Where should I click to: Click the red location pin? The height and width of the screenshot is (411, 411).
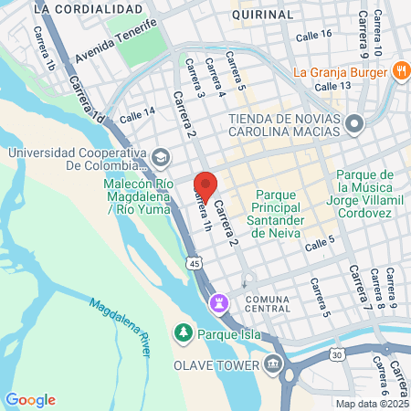(x=205, y=186)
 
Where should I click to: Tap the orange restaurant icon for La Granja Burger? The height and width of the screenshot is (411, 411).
(x=401, y=70)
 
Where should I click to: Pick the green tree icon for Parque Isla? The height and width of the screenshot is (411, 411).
(x=183, y=332)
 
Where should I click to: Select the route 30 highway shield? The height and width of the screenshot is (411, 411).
(x=338, y=354)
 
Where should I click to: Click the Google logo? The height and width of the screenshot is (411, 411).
(x=30, y=399)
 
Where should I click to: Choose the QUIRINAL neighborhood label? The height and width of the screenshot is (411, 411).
(x=263, y=16)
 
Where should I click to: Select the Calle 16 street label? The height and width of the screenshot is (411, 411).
(x=314, y=33)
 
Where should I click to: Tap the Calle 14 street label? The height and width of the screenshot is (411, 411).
(x=137, y=114)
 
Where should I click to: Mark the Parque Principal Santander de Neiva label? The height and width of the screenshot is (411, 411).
(x=291, y=208)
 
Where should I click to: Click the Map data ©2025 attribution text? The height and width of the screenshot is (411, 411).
(x=372, y=404)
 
